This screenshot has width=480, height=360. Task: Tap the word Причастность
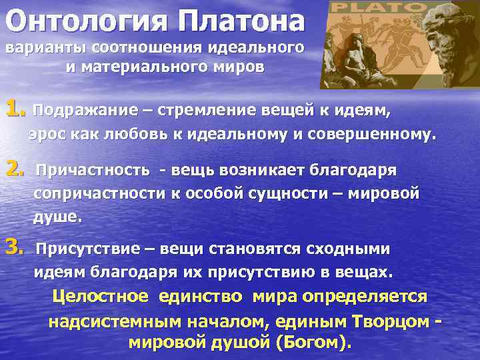point(93,170)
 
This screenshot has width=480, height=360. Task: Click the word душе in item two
point(56,217)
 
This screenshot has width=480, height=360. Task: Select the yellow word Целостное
point(103,296)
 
